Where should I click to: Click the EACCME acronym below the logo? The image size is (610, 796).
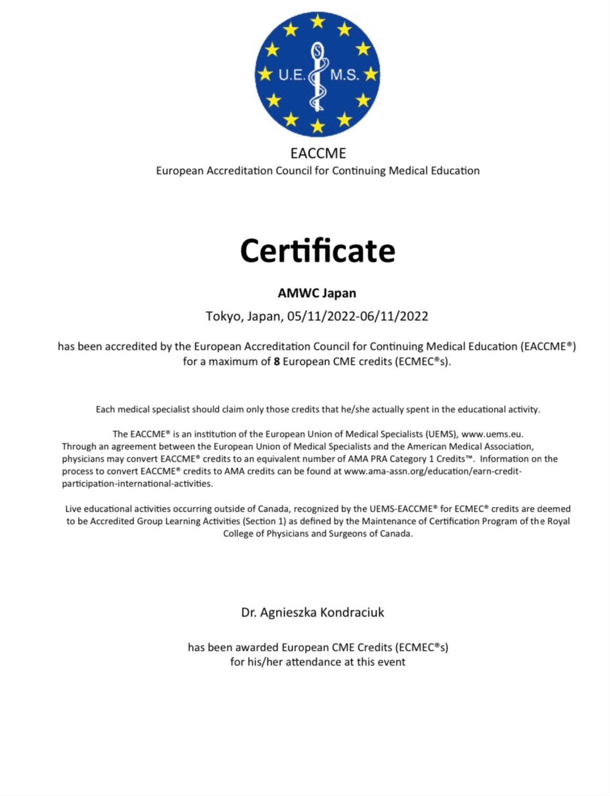tap(318, 153)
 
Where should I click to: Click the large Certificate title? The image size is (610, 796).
tap(317, 251)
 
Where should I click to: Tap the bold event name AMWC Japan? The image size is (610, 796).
tap(317, 293)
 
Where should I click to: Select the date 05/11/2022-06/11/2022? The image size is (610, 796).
tap(357, 316)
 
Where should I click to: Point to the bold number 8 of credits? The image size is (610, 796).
tap(276, 362)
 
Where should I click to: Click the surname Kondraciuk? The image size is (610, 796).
tap(352, 612)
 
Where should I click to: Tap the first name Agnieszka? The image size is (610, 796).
tap(288, 613)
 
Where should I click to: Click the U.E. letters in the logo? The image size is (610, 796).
tap(291, 75)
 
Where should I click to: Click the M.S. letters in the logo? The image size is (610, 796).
tap(345, 75)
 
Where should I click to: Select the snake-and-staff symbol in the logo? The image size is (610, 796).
tap(317, 76)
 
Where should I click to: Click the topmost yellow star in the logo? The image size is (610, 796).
tap(317, 21)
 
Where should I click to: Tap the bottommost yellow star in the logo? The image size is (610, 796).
tap(317, 126)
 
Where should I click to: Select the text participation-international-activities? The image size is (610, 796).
tap(137, 484)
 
